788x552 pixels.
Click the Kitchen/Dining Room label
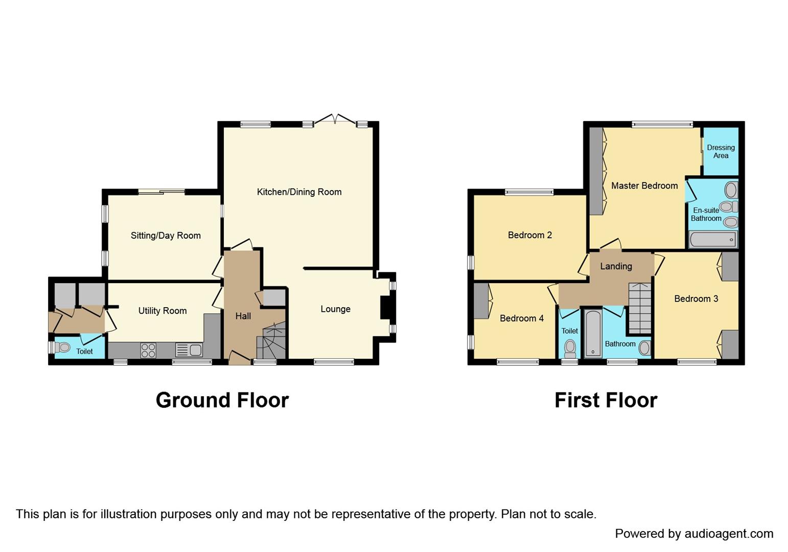[299, 192]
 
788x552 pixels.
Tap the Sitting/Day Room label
[166, 236]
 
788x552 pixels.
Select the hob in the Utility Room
[148, 350]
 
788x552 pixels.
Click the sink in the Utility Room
[189, 350]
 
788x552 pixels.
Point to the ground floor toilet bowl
[63, 348]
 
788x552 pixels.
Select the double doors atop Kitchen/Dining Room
[335, 120]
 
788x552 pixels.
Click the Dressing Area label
[721, 151]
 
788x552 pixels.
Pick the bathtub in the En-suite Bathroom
[712, 239]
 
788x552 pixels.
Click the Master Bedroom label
[644, 186]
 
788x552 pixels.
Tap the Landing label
[616, 266]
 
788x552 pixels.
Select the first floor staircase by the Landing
[640, 308]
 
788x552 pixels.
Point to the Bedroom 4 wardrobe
[480, 301]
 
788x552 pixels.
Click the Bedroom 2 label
[529, 235]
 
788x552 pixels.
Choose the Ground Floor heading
[222, 400]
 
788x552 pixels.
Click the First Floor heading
[606, 400]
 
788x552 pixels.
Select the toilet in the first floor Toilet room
[570, 349]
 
